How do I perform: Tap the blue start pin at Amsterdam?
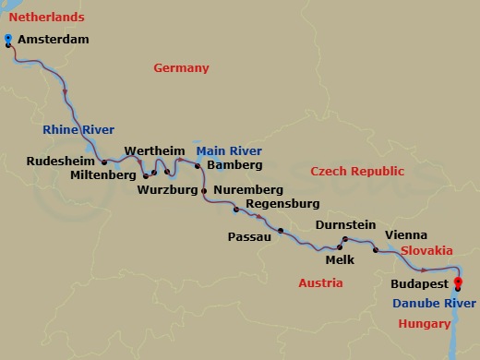[7, 39]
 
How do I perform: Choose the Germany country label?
[181, 68]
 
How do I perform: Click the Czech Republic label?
[357, 172]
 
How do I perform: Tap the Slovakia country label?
[426, 250]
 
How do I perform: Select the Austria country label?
[320, 282]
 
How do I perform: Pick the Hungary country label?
[425, 323]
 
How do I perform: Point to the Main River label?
[228, 150]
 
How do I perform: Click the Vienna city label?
[405, 235]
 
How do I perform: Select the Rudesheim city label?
[62, 162]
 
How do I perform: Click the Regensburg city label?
[284, 204]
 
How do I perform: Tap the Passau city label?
[248, 236]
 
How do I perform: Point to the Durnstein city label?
[344, 224]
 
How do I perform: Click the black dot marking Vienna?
[375, 250]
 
